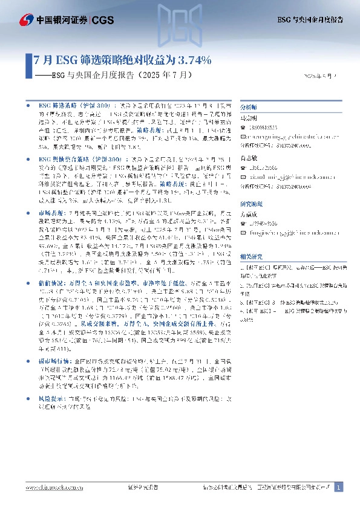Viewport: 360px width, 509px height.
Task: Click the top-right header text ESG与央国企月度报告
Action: tap(309, 19)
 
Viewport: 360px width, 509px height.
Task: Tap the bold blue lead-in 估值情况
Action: tap(50, 285)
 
